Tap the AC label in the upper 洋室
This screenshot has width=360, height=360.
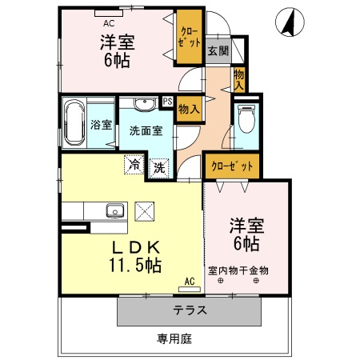109,12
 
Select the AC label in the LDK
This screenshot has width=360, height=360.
189,282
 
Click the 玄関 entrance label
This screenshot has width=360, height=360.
217,50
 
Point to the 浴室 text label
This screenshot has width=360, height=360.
101,125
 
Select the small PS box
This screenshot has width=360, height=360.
167,102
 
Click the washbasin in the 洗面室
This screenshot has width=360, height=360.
144,103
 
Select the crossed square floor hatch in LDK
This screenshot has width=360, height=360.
145,212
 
